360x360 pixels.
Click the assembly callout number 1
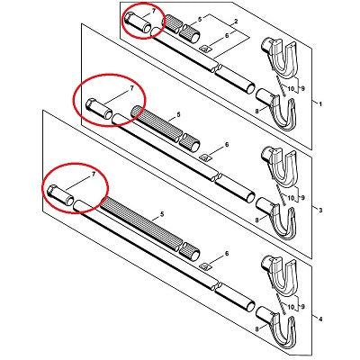point(320,104)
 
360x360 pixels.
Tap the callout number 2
point(236,22)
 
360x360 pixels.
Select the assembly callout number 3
point(320,211)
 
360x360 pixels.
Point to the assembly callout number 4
point(320,319)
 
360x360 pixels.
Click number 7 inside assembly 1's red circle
point(154,11)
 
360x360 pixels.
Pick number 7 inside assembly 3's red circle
point(131,88)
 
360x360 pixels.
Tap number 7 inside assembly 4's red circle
point(94,174)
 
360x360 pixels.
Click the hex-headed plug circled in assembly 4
point(61,195)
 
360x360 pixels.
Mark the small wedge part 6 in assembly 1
point(205,49)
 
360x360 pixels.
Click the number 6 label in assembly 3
point(227,145)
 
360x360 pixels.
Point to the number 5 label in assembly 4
point(162,214)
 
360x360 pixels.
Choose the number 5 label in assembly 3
point(178,114)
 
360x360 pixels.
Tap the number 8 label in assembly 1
point(256,111)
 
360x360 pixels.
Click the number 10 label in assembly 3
point(291,198)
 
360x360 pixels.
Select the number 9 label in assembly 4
point(303,307)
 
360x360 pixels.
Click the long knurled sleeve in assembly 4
point(141,221)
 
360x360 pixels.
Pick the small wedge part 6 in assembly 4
point(205,265)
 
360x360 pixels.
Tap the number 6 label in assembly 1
point(227,35)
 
